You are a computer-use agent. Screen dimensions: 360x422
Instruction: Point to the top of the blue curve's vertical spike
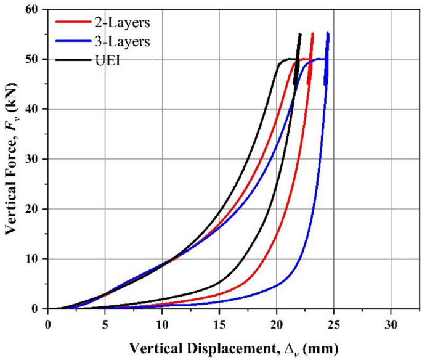328,33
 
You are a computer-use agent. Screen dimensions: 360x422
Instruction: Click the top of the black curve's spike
300,35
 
